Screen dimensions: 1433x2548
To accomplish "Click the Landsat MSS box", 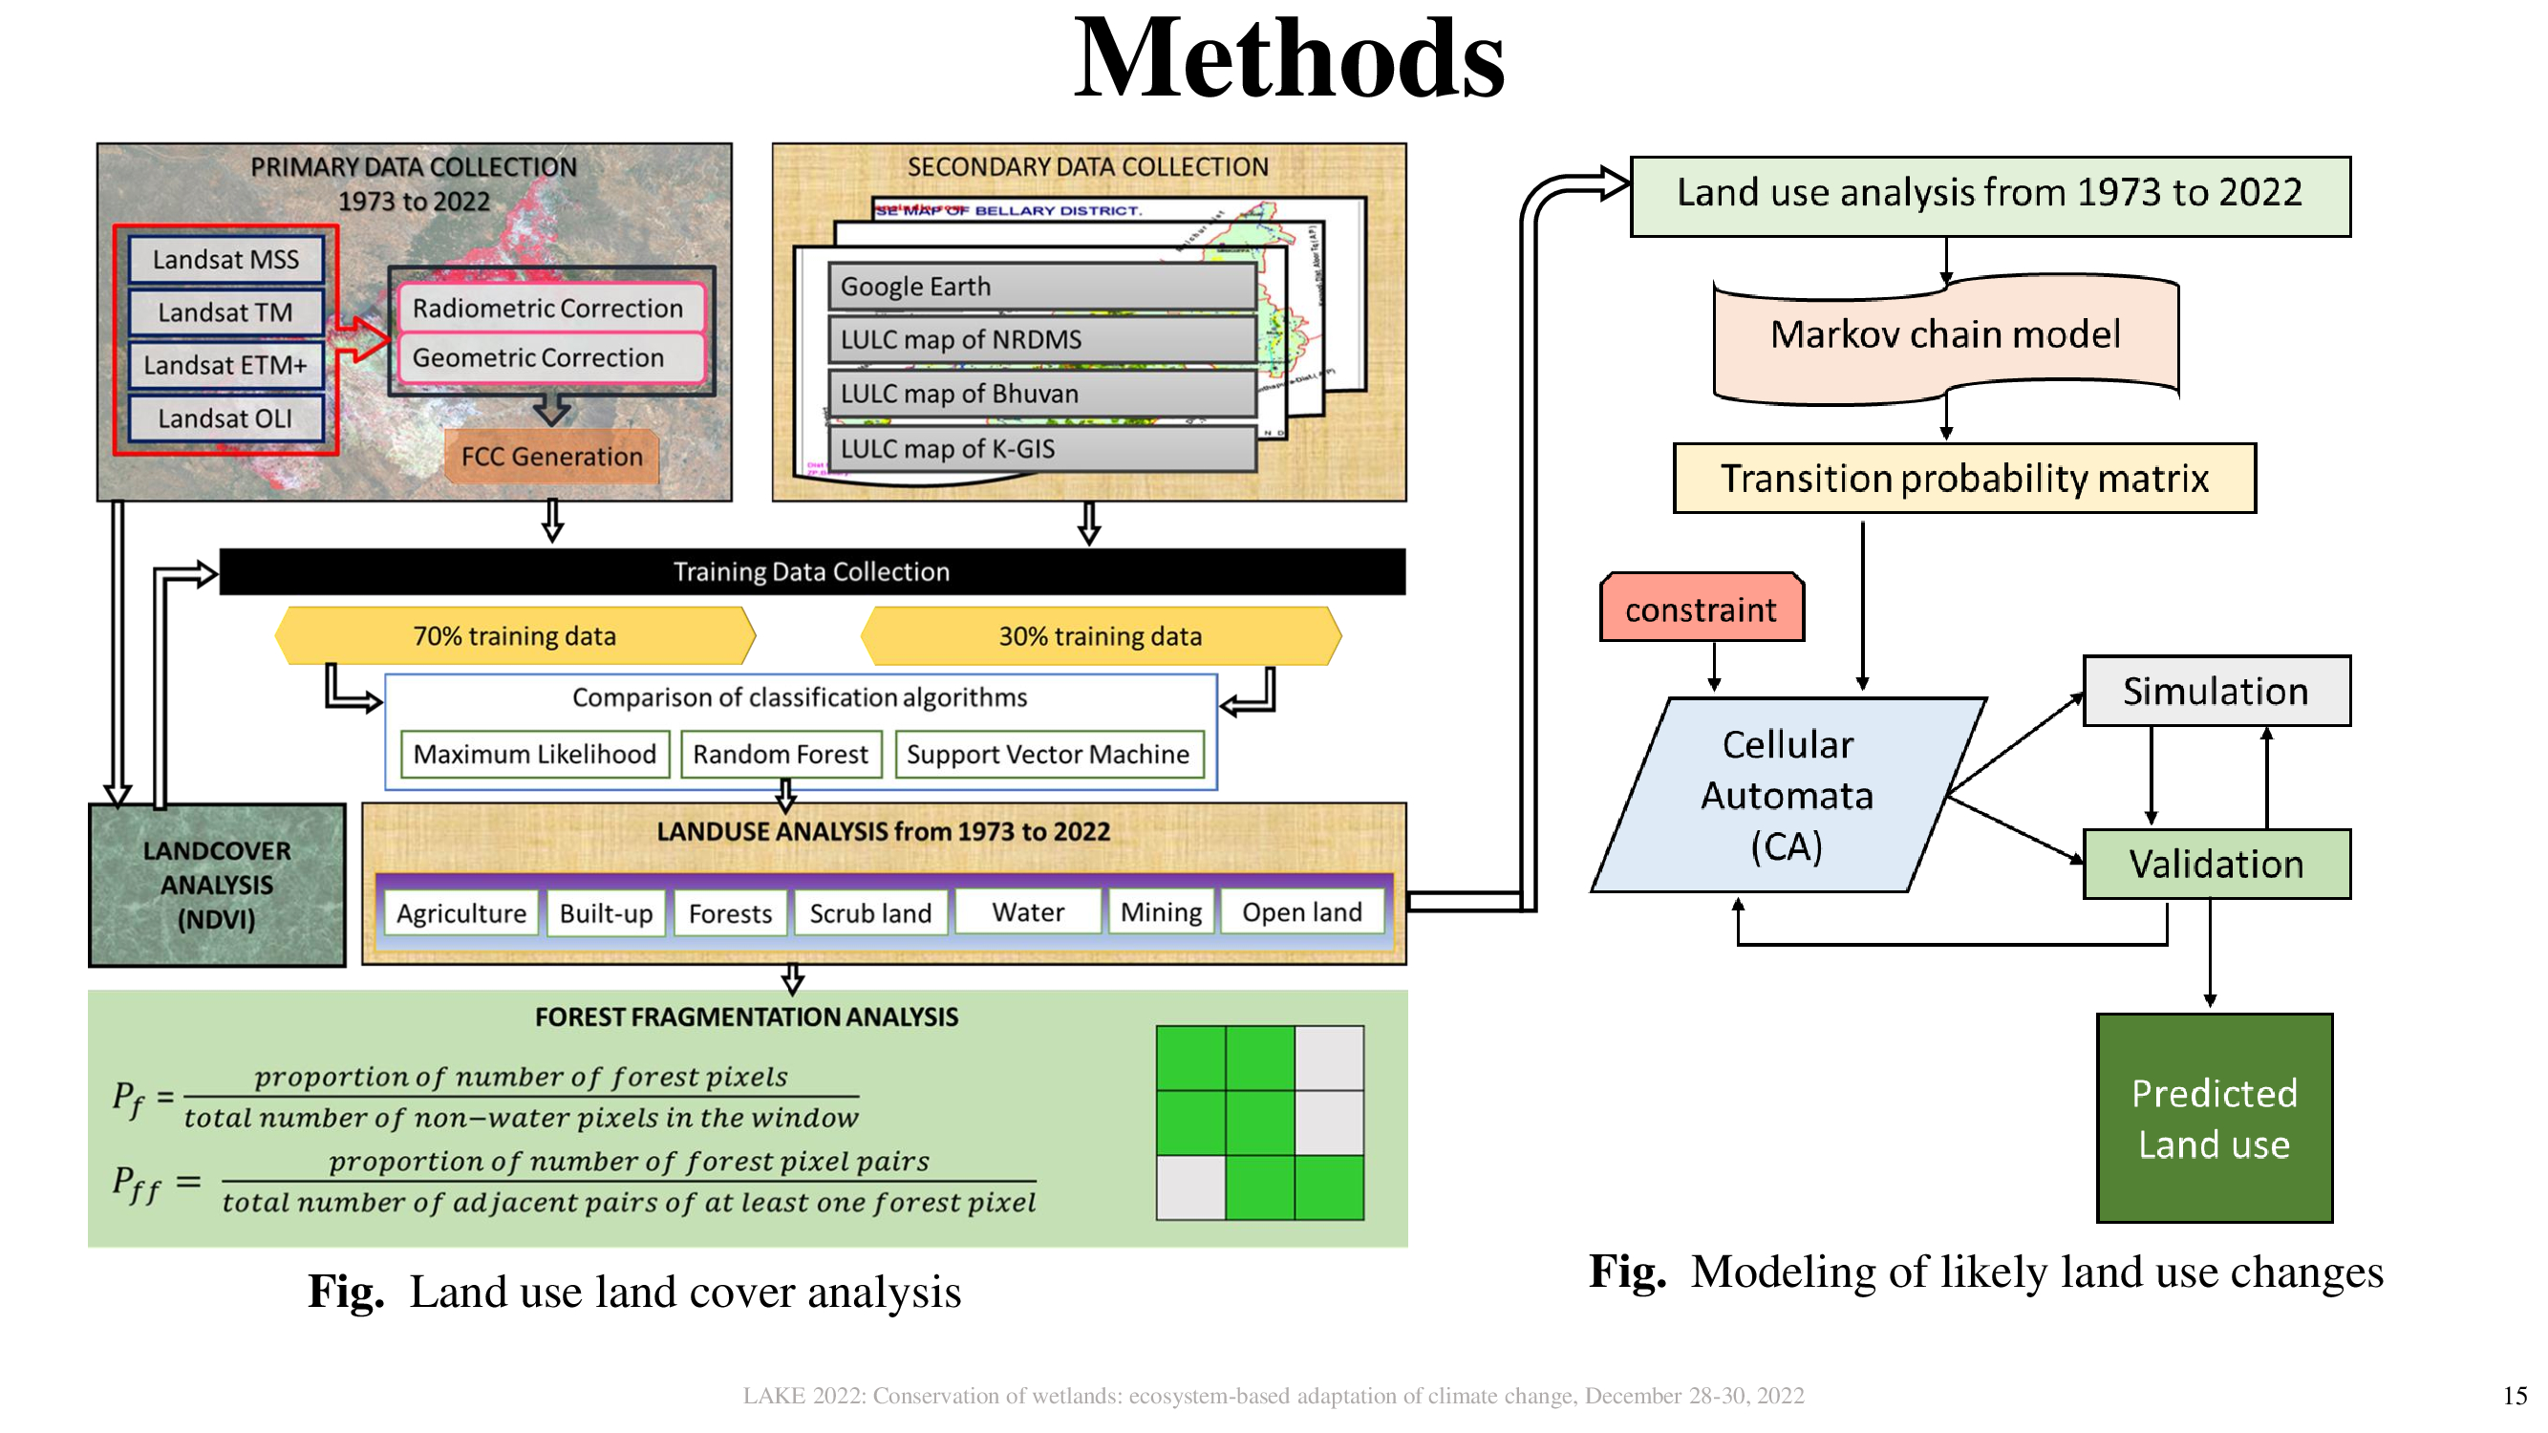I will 225,259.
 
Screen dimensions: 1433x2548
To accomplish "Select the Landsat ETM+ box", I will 225,365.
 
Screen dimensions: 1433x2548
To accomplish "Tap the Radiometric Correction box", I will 549,308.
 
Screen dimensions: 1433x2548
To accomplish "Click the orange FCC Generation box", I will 552,456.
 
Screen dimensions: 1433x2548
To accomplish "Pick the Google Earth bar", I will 1041,286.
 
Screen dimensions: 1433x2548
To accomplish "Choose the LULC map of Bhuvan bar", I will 1041,394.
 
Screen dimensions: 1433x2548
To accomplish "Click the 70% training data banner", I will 514,636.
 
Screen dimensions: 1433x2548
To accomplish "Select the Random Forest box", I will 780,755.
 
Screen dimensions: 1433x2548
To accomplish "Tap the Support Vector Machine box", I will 1048,755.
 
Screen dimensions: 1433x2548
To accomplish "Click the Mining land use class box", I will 1160,911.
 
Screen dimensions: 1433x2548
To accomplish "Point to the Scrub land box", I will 870,912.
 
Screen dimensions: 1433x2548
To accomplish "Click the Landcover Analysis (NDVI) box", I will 217,886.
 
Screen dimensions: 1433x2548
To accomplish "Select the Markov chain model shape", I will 1944,335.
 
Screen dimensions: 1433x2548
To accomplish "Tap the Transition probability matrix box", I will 1963,479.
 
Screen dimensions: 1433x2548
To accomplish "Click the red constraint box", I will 1702,610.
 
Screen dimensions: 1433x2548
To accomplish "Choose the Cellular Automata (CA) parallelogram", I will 1787,795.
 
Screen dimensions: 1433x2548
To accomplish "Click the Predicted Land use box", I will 2214,1119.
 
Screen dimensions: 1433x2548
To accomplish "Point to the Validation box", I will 2216,865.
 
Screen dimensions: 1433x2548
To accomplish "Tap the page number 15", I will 2515,1396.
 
